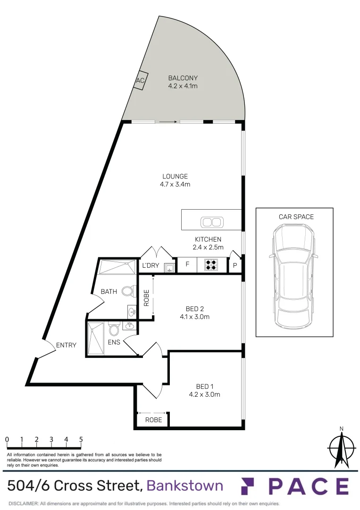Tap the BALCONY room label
(183, 78)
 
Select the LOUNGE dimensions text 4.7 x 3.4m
(175, 185)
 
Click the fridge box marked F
(187, 265)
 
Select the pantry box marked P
(234, 266)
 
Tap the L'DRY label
(151, 266)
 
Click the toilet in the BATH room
(126, 291)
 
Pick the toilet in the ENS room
(114, 328)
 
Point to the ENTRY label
(66, 345)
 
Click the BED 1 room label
(205, 386)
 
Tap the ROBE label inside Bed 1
(153, 419)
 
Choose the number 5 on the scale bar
(81, 439)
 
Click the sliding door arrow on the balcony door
(168, 122)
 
